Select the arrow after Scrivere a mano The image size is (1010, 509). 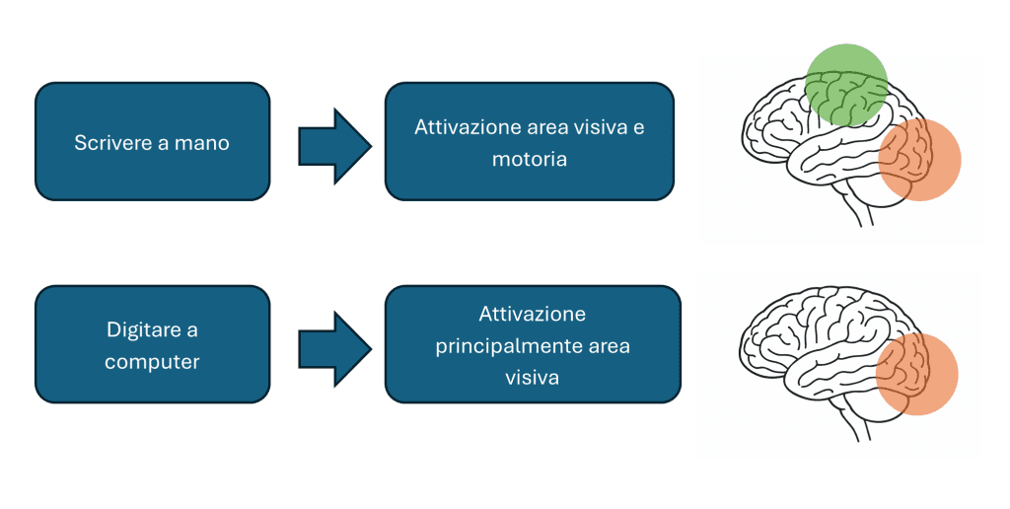pos(334,146)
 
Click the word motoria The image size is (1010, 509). pos(530,158)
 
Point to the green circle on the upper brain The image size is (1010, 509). pos(845,84)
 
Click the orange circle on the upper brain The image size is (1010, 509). pos(919,161)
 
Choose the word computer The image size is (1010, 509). pos(152,362)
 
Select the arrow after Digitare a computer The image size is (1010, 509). pos(334,348)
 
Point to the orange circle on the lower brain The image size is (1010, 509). pos(917,374)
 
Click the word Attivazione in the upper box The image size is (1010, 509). pos(467,127)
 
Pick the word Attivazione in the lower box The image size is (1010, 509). pos(533,315)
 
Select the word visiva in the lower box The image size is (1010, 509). pos(533,378)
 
